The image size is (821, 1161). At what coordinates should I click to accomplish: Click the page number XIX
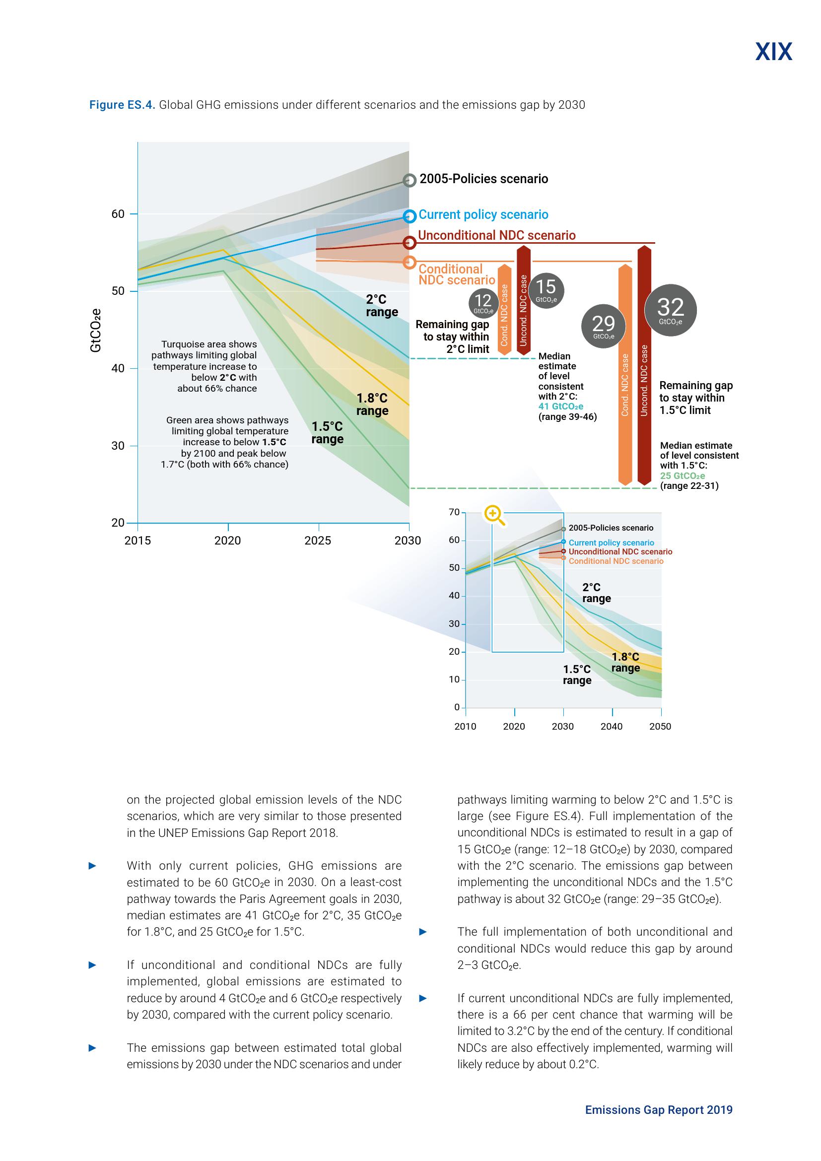click(x=773, y=52)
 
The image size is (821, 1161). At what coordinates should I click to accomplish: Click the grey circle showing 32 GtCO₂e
click(x=670, y=309)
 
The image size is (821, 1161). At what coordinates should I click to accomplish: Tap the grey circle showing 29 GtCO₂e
click(x=603, y=326)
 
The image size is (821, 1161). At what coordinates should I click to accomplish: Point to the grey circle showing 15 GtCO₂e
click(x=546, y=290)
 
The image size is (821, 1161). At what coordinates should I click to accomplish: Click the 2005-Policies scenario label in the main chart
click(x=484, y=179)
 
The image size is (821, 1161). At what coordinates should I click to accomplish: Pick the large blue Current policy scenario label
click(x=483, y=215)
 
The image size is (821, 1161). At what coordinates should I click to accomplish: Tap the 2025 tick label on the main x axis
click(x=318, y=541)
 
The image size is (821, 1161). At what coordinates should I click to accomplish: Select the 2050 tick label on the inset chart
click(x=660, y=727)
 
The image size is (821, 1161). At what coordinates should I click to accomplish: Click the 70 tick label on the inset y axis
click(x=454, y=512)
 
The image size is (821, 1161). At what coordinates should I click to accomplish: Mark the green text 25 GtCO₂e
click(x=682, y=476)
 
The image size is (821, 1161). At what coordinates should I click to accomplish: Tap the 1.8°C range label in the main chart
click(x=372, y=405)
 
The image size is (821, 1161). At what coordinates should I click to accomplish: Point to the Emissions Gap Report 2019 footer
click(x=658, y=1110)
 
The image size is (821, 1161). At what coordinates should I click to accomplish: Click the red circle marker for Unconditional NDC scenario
click(x=410, y=243)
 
